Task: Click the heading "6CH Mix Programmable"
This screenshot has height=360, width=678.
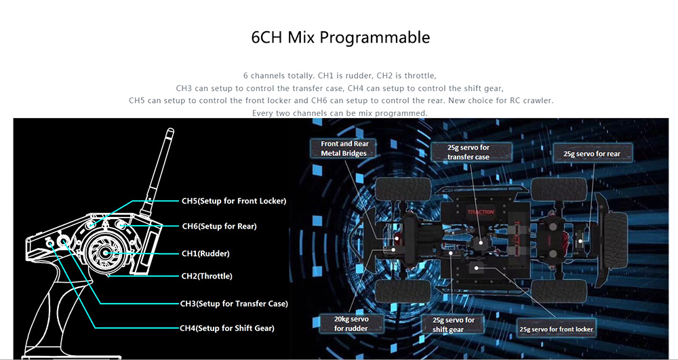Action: (x=340, y=37)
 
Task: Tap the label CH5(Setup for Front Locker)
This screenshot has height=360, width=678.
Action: (x=234, y=201)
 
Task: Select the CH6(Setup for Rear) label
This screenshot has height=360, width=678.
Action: (x=219, y=226)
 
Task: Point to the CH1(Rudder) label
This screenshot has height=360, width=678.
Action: (x=205, y=254)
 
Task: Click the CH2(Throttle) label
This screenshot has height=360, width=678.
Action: (x=207, y=276)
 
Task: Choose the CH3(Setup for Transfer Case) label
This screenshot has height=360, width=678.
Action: (x=234, y=304)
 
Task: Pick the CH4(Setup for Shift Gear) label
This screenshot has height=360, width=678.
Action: (x=227, y=328)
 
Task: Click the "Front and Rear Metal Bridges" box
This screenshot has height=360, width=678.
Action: (x=344, y=148)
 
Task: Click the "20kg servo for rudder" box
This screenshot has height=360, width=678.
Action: (x=351, y=323)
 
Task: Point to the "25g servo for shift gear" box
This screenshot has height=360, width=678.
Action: (x=454, y=325)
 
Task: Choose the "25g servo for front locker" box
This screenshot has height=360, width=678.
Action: (x=556, y=329)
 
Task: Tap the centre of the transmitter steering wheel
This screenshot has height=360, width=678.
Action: (x=105, y=253)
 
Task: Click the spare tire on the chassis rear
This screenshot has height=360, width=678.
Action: (x=616, y=240)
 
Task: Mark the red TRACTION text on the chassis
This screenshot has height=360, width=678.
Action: (x=481, y=212)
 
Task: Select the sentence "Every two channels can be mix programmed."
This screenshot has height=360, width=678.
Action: (x=340, y=113)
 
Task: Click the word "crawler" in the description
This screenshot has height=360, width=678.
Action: (x=539, y=100)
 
